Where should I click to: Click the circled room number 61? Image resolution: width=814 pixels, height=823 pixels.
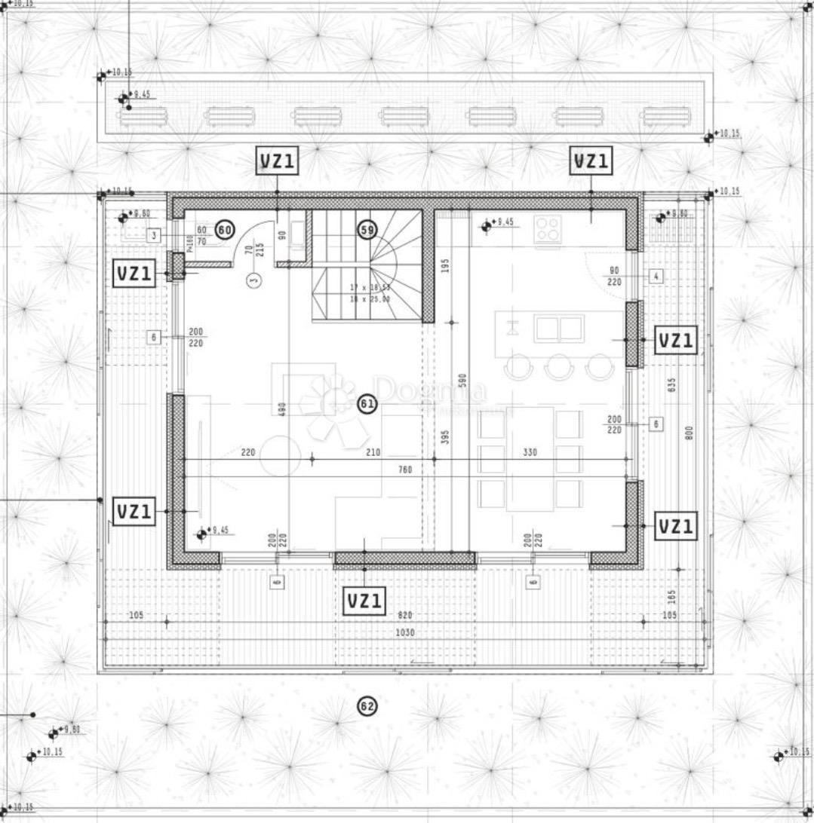(x=367, y=405)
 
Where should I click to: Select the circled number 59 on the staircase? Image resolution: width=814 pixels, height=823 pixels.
(x=367, y=231)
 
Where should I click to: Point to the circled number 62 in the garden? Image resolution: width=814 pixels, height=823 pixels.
(x=367, y=706)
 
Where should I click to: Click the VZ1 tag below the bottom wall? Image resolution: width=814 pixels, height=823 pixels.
(x=365, y=601)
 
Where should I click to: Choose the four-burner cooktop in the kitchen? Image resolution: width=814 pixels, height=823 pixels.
(x=547, y=228)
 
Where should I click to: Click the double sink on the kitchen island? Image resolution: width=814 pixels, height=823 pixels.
(x=559, y=329)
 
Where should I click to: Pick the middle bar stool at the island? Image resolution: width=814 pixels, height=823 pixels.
(x=560, y=367)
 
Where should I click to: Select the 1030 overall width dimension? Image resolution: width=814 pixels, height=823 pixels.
(x=405, y=633)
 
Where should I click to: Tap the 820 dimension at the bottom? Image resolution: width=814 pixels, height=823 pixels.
(x=405, y=616)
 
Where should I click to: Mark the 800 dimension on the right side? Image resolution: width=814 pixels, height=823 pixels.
(x=690, y=433)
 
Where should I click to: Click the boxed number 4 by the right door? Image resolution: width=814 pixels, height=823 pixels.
(x=656, y=277)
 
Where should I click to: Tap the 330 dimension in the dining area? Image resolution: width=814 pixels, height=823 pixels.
(x=530, y=453)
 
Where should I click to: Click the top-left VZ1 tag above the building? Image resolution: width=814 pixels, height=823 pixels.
(x=278, y=161)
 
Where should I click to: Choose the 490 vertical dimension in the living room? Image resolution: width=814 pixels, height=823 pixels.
(x=281, y=408)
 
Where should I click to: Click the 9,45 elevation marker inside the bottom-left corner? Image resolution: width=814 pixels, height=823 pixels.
(x=201, y=534)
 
